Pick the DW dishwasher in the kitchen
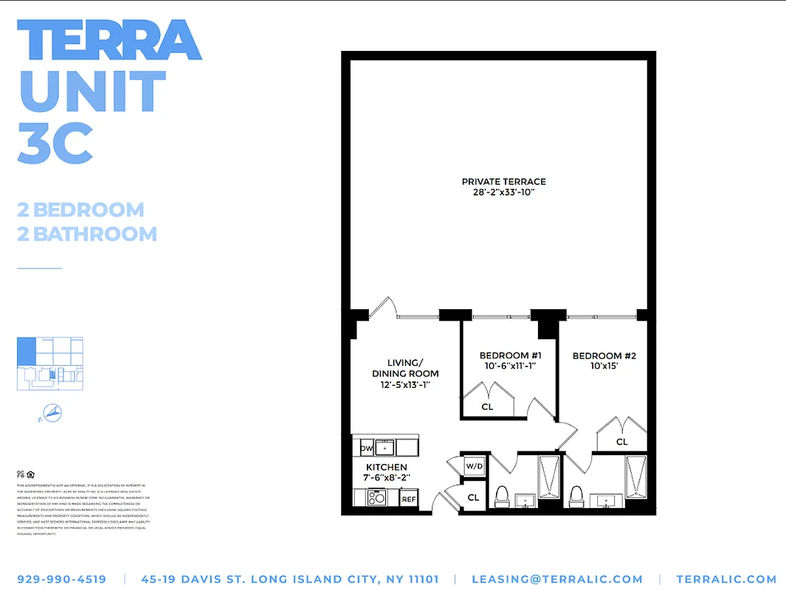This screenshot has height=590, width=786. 366,448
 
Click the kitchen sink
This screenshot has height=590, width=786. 385,448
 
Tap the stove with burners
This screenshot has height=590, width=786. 377,498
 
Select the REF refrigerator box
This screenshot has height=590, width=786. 409,499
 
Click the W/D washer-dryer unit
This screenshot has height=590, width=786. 473,466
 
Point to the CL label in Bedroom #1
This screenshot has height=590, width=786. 487,406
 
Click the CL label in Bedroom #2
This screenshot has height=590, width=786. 622,442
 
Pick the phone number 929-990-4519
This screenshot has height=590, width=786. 61,580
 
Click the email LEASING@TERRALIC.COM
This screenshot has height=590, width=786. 557,580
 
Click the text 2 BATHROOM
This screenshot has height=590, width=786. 87,235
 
